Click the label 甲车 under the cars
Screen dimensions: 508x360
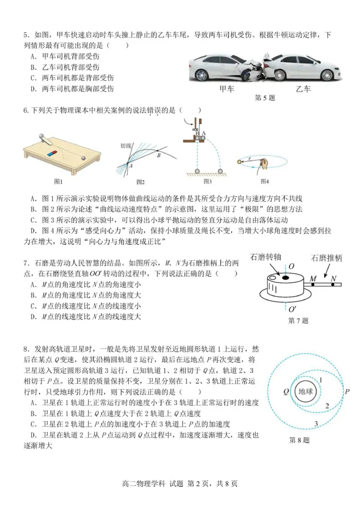coord(227,89)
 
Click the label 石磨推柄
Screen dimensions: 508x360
coord(326,258)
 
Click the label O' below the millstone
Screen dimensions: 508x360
coord(292,309)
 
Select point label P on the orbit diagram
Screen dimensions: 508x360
coord(347,391)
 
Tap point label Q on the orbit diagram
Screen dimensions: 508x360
coord(286,391)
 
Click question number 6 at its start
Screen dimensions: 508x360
coord(25,110)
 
